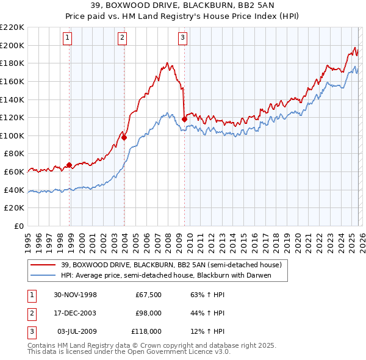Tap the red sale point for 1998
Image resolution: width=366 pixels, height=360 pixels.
[69, 165]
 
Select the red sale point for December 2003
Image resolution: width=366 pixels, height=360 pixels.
[124, 137]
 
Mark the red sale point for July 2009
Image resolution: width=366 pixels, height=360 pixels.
[184, 119]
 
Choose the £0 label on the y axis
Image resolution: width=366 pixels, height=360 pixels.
[18, 226]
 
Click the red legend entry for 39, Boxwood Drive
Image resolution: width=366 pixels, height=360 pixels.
[171, 265]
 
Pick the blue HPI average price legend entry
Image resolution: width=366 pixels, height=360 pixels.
[165, 276]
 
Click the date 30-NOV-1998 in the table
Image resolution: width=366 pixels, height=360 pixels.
[76, 295]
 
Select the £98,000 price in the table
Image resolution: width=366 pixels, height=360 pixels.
[148, 313]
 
